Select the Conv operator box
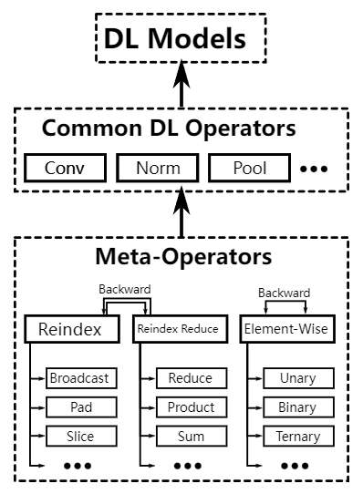click(x=64, y=169)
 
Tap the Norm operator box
click(x=157, y=169)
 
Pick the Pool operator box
click(x=249, y=169)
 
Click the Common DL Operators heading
click(x=169, y=129)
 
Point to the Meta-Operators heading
click(x=183, y=256)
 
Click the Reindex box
click(x=71, y=328)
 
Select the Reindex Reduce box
click(x=177, y=328)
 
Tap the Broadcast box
click(x=79, y=377)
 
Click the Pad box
click(x=79, y=407)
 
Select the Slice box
click(x=79, y=436)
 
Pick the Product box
click(x=191, y=407)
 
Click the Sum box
click(x=191, y=436)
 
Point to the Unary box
click(x=298, y=377)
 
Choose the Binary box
click(x=298, y=407)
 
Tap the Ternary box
click(x=298, y=436)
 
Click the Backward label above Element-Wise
click(x=284, y=293)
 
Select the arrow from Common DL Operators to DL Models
click(x=181, y=86)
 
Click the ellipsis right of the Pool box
click(x=313, y=170)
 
